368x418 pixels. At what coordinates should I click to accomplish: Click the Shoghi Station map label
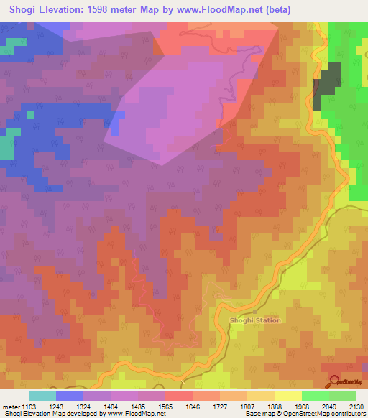pyautogui.click(x=254, y=320)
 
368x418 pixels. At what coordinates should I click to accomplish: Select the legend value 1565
pyautogui.click(x=166, y=407)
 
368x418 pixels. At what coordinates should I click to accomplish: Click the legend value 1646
pyautogui.click(x=193, y=407)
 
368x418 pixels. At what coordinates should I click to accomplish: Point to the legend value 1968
pyautogui.click(x=303, y=407)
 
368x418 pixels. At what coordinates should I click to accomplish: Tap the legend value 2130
pyautogui.click(x=356, y=407)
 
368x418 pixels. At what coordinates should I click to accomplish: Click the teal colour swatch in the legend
pyautogui.click(x=42, y=396)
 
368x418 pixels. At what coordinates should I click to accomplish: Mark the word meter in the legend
pyautogui.click(x=11, y=407)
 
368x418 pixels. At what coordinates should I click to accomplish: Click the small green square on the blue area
pyautogui.click(x=31, y=114)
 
